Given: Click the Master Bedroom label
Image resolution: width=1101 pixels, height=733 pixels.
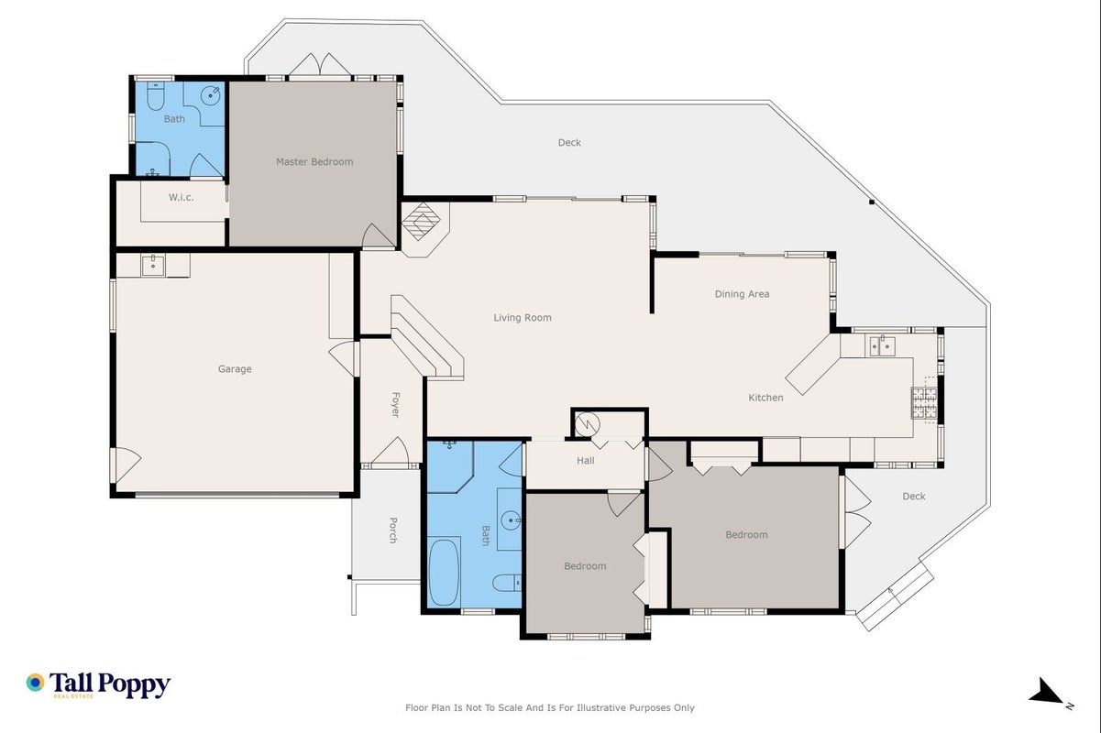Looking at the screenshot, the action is (314, 161).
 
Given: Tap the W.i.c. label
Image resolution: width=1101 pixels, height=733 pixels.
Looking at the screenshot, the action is (181, 198).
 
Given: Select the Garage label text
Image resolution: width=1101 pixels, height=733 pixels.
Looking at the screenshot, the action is (235, 369).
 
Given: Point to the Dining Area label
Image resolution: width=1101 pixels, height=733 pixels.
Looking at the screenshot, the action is (743, 294).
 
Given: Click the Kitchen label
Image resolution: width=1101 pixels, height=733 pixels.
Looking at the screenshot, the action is (765, 398).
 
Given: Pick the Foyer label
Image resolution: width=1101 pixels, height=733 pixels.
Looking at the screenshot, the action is (395, 404).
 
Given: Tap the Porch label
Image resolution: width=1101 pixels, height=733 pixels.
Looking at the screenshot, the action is (393, 531).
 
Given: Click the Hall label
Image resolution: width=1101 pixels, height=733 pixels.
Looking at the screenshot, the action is (586, 460).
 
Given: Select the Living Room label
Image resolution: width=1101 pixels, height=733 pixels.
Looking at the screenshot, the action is (523, 318).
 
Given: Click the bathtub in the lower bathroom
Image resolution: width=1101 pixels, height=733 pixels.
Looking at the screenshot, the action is (444, 573).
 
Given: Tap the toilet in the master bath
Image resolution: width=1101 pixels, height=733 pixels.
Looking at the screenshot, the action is (156, 96).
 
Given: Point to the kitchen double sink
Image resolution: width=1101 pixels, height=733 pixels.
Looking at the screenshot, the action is (882, 345).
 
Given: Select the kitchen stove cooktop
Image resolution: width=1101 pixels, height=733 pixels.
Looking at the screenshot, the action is (925, 403).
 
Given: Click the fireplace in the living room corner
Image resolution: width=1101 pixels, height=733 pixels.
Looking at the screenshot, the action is (421, 223).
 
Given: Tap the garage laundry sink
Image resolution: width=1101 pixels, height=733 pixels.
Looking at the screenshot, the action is (153, 266).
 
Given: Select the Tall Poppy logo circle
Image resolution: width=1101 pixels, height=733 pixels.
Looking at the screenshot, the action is (36, 683).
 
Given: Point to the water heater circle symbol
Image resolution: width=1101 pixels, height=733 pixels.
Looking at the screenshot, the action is (588, 424).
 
